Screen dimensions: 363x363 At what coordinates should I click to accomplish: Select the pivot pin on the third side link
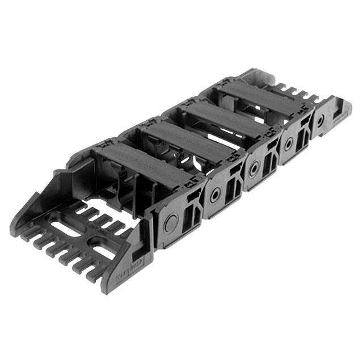pyautogui.click(x=254, y=168)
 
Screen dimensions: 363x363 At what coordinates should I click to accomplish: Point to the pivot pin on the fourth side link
pyautogui.click(x=289, y=144)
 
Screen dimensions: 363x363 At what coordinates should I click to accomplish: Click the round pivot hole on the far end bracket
pyautogui.click(x=321, y=121)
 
